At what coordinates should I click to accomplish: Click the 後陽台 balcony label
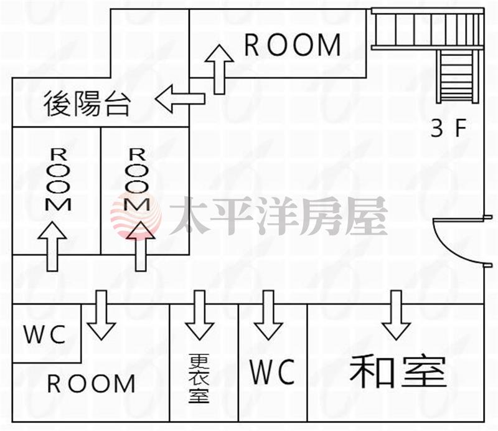(x=87, y=103)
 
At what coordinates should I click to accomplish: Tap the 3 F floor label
(x=448, y=128)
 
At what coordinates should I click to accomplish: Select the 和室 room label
(x=398, y=371)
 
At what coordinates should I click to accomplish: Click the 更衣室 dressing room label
(x=199, y=378)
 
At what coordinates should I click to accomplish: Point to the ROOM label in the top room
(x=293, y=45)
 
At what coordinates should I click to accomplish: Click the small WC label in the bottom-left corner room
(x=45, y=335)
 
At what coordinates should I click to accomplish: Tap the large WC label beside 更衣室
(x=272, y=372)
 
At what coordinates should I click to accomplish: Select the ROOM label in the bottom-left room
(x=92, y=384)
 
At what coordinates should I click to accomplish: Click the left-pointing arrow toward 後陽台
(x=180, y=98)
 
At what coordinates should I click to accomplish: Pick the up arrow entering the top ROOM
(x=219, y=69)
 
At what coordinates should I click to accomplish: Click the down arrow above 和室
(x=397, y=315)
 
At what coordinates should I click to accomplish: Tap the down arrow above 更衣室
(x=199, y=315)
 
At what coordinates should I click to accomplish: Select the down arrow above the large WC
(x=268, y=315)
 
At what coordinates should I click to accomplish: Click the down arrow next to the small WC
(x=101, y=315)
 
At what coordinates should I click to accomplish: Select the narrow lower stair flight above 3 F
(x=458, y=76)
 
